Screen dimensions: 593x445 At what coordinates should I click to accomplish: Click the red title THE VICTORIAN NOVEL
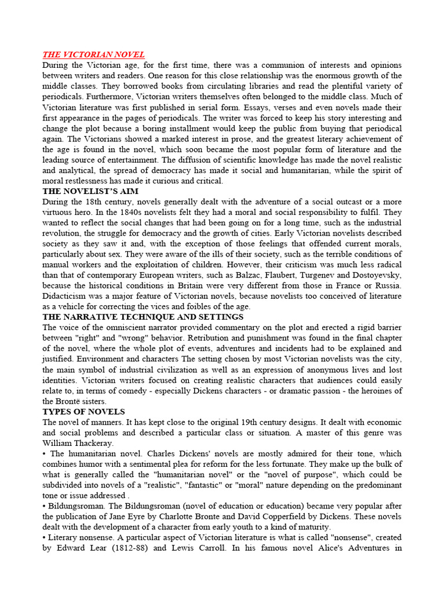click(x=93, y=55)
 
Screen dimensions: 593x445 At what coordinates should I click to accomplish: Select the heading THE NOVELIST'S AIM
click(x=90, y=191)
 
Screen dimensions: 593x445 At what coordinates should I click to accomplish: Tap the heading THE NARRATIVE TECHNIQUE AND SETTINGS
click(x=143, y=317)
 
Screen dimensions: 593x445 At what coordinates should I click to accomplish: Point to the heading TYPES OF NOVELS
click(x=83, y=412)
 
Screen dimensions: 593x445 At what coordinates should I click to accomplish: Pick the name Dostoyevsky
click(x=375, y=274)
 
